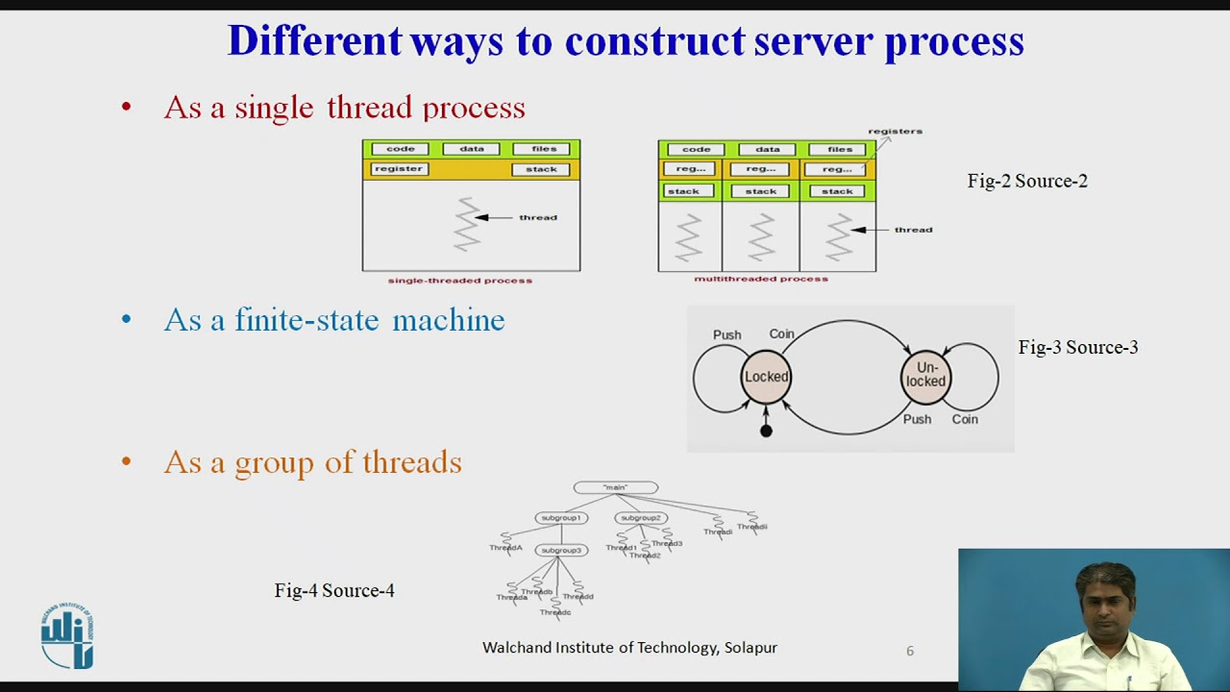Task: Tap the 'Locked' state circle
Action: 766,377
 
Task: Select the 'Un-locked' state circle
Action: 925,375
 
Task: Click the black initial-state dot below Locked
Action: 766,432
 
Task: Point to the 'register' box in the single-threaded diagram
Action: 399,169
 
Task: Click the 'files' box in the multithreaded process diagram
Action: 839,149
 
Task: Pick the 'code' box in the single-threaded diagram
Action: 400,149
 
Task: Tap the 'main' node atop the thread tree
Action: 615,488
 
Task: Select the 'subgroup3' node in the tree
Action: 560,551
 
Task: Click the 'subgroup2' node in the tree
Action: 641,518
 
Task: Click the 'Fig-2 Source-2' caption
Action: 1027,181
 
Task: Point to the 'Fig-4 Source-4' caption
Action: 334,590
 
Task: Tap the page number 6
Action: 909,651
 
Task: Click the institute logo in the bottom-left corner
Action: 67,635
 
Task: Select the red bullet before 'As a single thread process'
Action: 126,107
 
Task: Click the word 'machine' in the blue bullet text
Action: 448,320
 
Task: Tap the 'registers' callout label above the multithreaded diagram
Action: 895,131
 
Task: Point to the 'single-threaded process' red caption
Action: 459,281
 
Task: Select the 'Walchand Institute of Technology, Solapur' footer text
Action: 629,648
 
